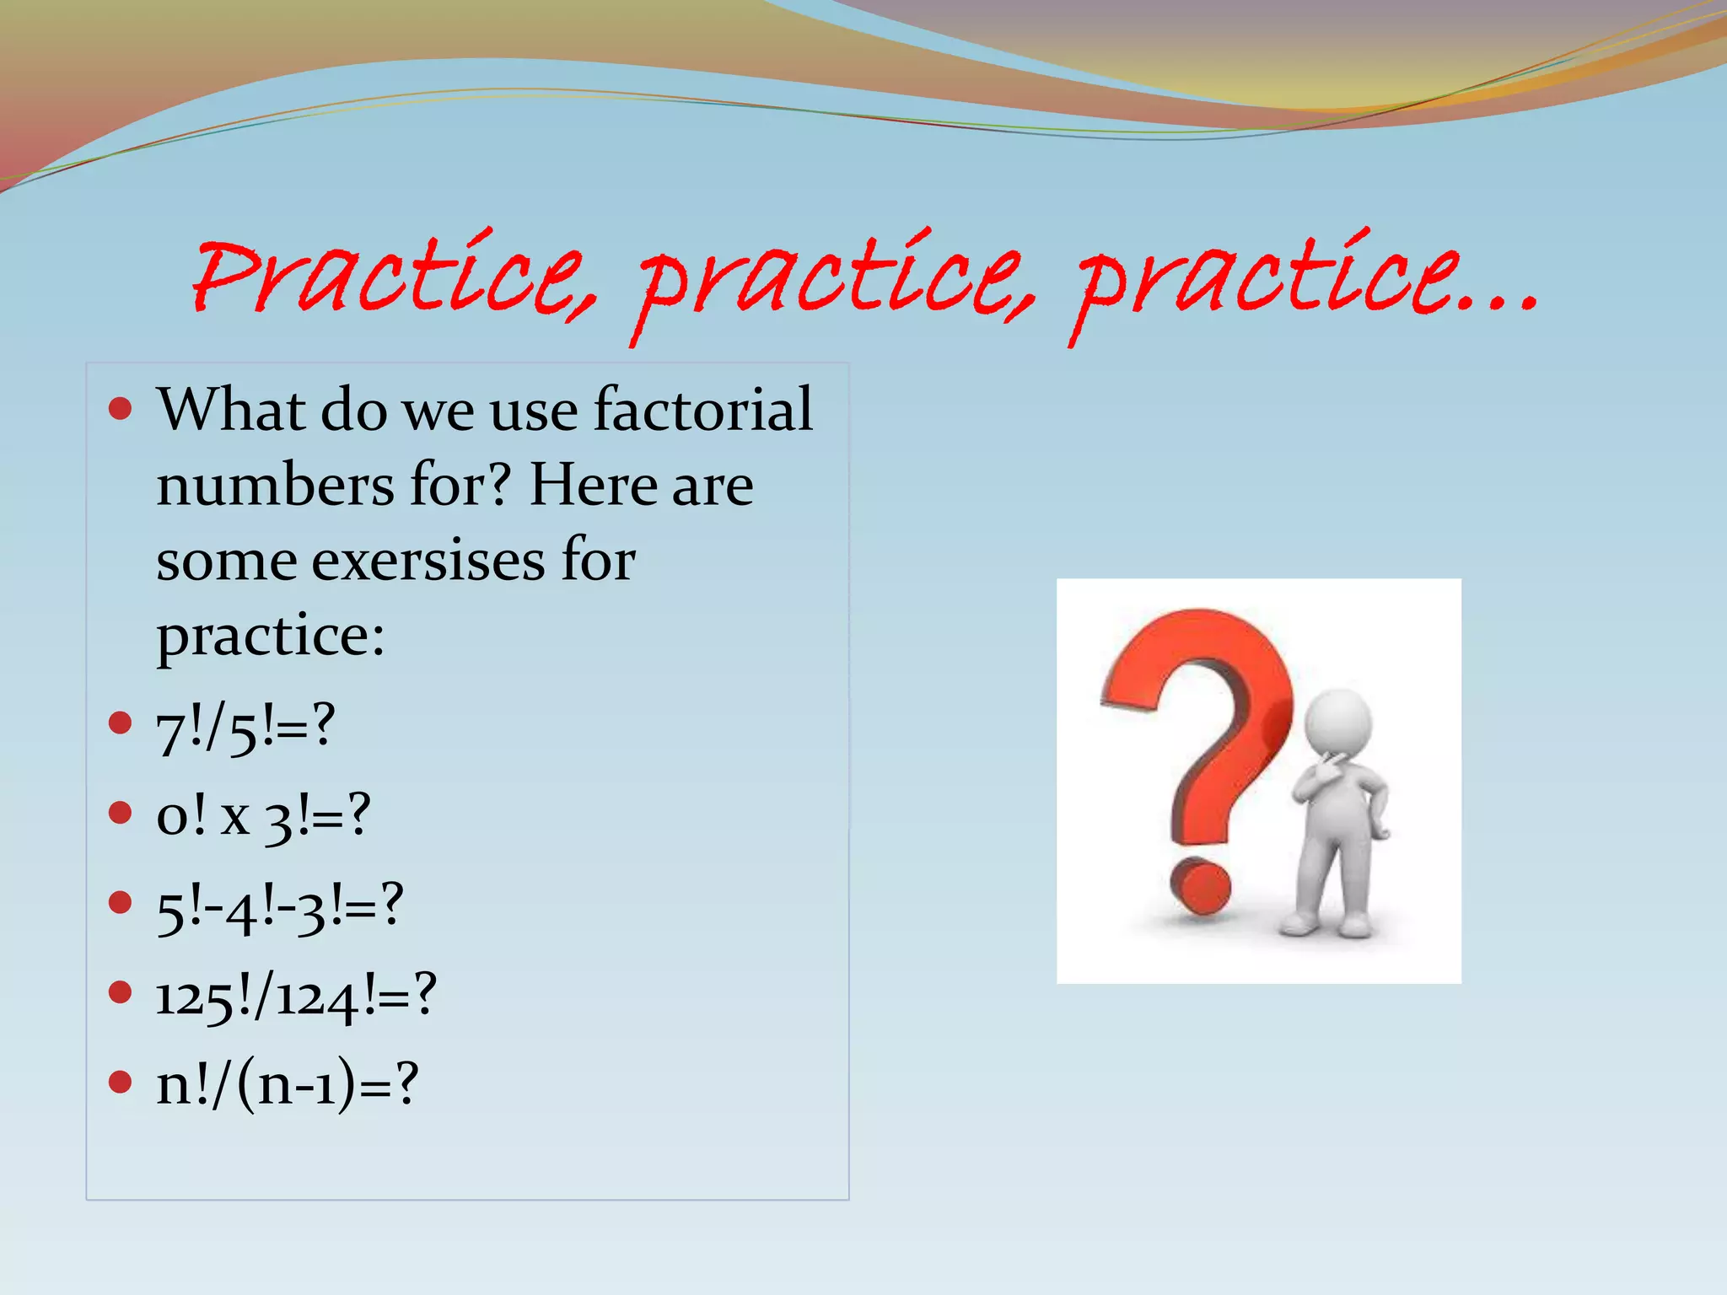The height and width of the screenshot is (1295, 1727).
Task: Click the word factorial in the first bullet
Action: coord(703,410)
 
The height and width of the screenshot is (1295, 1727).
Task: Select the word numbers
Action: coord(275,486)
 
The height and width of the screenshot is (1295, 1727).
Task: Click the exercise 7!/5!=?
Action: coord(245,728)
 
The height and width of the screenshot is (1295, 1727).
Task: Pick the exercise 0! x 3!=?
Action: coord(263,817)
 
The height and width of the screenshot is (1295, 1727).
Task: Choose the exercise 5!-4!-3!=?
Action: coord(280,907)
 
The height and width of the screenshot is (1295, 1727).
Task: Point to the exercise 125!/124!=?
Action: coord(296,997)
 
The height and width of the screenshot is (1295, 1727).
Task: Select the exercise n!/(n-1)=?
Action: coord(287,1085)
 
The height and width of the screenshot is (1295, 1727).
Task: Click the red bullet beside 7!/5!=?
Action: coord(121,723)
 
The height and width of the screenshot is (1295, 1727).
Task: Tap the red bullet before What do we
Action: coord(121,410)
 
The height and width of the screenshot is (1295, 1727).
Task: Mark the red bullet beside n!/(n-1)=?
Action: coord(121,1082)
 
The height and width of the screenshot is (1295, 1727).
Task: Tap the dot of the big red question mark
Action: coord(1201,886)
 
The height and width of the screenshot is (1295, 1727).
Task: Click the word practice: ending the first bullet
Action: coord(271,637)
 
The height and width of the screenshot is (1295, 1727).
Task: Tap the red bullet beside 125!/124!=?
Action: coord(121,992)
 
